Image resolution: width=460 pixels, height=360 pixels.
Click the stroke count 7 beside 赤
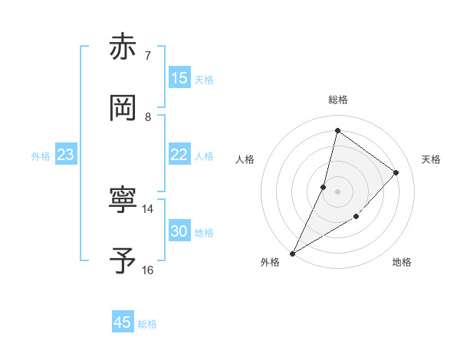[x=147, y=56]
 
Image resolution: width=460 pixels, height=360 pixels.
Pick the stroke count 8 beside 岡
[x=147, y=117]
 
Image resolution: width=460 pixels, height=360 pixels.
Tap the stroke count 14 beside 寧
[x=148, y=208]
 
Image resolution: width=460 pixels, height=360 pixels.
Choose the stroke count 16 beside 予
[x=148, y=270]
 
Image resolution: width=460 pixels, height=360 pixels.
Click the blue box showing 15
[x=179, y=78]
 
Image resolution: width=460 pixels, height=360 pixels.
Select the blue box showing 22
[x=179, y=155]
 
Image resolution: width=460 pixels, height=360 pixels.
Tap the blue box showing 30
[x=179, y=231]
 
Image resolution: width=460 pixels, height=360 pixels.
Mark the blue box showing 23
[x=66, y=155]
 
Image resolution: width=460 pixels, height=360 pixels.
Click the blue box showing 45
[x=123, y=322]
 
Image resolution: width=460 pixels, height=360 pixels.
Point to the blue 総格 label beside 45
[x=147, y=324]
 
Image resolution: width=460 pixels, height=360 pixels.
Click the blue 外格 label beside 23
[x=41, y=156]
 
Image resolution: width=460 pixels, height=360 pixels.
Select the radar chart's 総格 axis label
[x=337, y=100]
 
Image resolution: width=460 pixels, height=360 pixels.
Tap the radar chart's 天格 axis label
[x=431, y=159]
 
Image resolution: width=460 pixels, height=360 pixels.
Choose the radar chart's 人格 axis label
[x=245, y=159]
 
